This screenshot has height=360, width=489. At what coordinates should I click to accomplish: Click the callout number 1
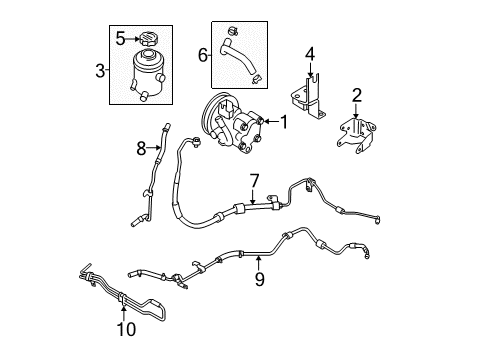[x=284, y=122]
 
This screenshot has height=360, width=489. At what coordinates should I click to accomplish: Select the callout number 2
[x=357, y=95]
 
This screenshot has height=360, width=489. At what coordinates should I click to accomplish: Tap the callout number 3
[x=100, y=71]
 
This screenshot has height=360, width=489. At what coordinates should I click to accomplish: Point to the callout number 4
[x=310, y=54]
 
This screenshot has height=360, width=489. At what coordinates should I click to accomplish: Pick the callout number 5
[x=120, y=39]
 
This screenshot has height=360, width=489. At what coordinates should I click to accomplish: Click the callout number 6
[x=203, y=55]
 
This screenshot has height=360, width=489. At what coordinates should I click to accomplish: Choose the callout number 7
[x=254, y=181]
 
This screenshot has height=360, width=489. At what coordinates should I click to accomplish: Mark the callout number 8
[x=141, y=148]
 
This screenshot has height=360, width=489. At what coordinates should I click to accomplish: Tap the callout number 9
[x=260, y=279]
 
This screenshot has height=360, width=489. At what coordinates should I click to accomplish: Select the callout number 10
[x=126, y=329]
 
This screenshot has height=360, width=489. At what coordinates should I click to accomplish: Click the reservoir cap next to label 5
[x=148, y=39]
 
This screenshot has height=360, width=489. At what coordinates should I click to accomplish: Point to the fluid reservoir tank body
[x=148, y=74]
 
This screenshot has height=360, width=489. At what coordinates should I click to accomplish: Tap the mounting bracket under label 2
[x=356, y=135]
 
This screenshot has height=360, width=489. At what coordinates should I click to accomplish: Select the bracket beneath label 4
[x=307, y=97]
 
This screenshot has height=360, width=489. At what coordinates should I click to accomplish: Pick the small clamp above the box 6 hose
[x=233, y=31]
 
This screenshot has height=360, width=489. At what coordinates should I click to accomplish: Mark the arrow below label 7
[x=253, y=197]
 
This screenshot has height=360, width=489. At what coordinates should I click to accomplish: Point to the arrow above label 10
[x=124, y=313]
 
